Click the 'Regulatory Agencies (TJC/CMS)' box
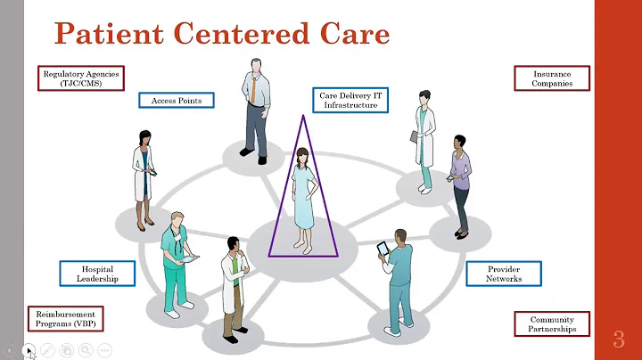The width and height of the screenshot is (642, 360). coord(81,78)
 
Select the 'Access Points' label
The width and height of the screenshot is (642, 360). coord(176,100)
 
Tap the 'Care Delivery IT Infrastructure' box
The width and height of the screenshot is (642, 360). coord(350,100)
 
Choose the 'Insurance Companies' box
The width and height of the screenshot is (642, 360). coord(552,78)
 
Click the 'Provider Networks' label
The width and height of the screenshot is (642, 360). coord(504,274)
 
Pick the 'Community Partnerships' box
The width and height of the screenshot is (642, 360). coord(552,324)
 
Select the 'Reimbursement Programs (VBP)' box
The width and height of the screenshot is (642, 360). coord(65,319)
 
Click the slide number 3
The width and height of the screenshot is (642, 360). coord(618,339)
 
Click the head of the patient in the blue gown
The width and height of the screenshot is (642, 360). coord(302,157)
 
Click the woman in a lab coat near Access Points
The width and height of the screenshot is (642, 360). coord(144,178)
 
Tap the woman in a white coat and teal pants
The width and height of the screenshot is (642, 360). coord(425,143)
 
